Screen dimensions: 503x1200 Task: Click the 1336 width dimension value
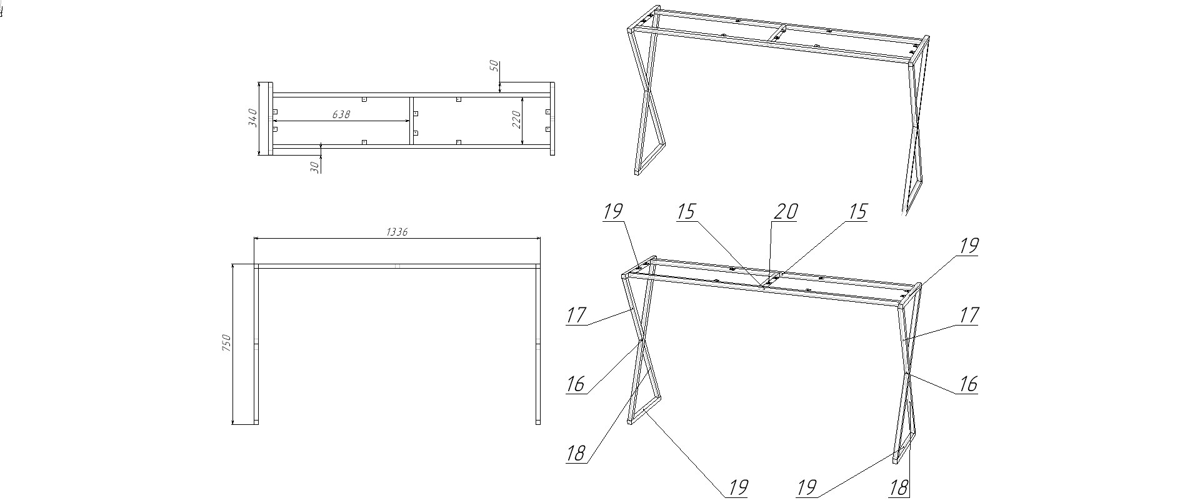coord(397,232)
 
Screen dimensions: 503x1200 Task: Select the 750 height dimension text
coord(226,342)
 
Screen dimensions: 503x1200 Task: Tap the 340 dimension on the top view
coord(252,118)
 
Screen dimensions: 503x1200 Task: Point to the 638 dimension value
coord(341,114)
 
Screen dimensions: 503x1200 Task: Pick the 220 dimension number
coord(517,119)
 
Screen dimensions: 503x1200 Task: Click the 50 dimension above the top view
coord(493,66)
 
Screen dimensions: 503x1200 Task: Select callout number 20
coord(785,212)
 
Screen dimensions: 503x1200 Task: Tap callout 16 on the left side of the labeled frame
coord(575,384)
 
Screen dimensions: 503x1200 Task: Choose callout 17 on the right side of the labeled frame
coord(967,315)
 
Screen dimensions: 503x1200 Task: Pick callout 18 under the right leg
coord(898,488)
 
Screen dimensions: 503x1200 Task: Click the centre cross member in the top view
coord(411,119)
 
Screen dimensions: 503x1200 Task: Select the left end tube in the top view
coord(265,119)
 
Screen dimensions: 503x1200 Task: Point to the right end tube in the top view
coord(552,119)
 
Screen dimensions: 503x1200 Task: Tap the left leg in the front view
coord(256,344)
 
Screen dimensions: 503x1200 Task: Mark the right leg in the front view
coord(538,344)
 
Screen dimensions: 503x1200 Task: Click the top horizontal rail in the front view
coord(397,266)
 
